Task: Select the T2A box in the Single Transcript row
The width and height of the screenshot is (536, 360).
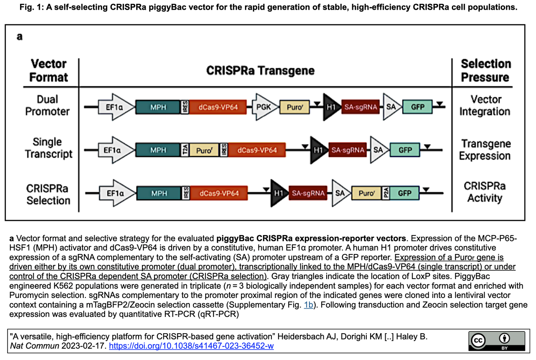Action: pos(185,150)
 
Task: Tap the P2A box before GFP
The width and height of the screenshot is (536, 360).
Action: pos(386,193)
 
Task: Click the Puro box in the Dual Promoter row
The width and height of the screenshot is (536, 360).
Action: pos(294,107)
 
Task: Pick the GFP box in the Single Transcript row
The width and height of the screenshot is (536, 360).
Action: pos(405,150)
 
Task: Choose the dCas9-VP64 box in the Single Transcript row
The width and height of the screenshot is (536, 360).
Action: pos(257,150)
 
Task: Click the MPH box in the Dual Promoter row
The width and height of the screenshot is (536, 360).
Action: pos(158,107)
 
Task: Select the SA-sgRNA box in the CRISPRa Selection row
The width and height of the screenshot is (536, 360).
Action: pos(308,193)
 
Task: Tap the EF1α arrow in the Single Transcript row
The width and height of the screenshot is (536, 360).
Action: pos(116,150)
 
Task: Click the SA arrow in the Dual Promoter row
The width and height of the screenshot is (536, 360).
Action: pos(392,107)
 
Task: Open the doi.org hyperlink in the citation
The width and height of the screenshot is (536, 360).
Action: pos(191,346)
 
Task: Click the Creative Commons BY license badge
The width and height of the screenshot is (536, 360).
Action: pos(497,341)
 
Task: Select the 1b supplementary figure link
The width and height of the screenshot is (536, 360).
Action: pos(309,305)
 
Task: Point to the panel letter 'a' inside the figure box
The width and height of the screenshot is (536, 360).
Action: pos(20,36)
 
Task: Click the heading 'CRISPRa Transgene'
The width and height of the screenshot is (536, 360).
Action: pos(260,71)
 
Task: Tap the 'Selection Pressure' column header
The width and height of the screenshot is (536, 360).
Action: pos(486,70)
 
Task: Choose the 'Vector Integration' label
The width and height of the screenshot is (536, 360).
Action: pos(485,105)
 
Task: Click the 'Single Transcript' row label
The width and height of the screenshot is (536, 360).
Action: pos(49,148)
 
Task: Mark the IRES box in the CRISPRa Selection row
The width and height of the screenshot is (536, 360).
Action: pos(186,193)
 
